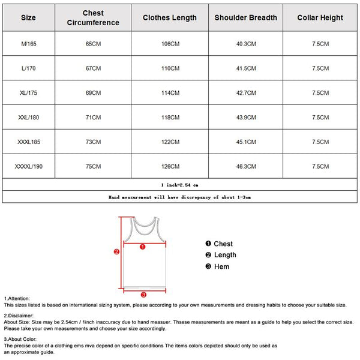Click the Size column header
tap(28, 17)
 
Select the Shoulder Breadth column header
tap(246, 17)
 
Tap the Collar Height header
tap(320, 17)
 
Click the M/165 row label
tap(28, 44)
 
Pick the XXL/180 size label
tap(28, 118)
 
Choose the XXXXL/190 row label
tap(28, 166)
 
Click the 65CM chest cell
tap(93, 44)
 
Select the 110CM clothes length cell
tap(170, 68)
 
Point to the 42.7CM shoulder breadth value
tap(246, 93)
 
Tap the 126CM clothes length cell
tap(170, 166)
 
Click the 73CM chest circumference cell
tap(93, 142)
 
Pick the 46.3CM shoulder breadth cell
tap(246, 166)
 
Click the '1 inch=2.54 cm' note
tap(179, 185)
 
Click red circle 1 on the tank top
tap(143, 246)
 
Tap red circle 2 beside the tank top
tap(117, 252)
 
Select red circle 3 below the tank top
tap(143, 295)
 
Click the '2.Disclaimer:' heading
tap(19, 315)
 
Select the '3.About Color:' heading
tap(21, 339)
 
